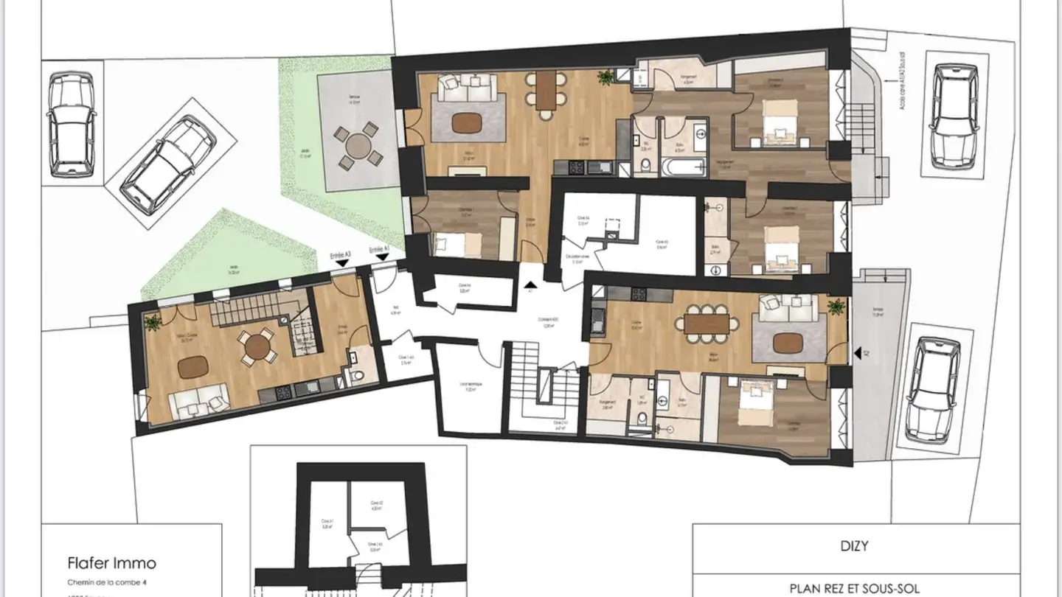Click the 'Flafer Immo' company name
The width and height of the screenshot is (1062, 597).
point(111,563)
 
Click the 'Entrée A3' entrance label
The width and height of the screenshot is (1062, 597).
point(339,254)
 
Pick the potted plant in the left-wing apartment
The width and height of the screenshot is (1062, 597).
point(153,322)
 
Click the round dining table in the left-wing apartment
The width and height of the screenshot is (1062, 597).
point(256,346)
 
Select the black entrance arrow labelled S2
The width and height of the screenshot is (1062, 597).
point(857,355)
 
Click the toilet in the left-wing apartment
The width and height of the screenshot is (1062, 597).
point(358,377)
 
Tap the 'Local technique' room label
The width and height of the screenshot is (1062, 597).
point(470,388)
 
